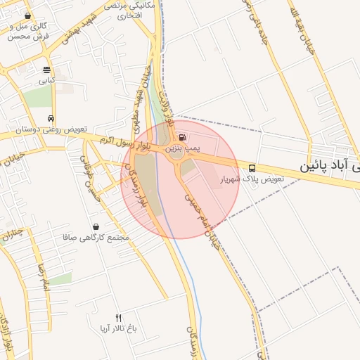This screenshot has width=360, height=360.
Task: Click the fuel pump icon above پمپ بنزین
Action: pyautogui.click(x=183, y=137)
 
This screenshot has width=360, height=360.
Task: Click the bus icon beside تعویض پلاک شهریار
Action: pyautogui.click(x=252, y=168)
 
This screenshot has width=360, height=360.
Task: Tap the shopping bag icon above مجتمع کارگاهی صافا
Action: pyautogui.click(x=96, y=226)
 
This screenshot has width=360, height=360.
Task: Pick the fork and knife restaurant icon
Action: pyautogui.click(x=118, y=318)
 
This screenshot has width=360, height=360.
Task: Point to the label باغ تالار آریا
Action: pyautogui.click(x=118, y=329)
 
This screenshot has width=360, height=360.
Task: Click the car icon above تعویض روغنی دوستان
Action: pyautogui.click(x=51, y=118)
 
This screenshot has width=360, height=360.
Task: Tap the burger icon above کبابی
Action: pyautogui.click(x=46, y=70)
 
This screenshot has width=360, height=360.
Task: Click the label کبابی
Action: pyautogui.click(x=46, y=81)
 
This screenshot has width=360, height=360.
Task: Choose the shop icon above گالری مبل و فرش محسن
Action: pyautogui.click(x=27, y=15)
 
